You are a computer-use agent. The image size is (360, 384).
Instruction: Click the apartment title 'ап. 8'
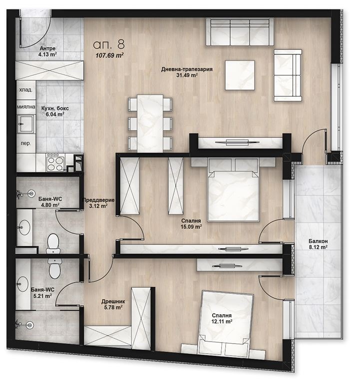(x=109, y=44)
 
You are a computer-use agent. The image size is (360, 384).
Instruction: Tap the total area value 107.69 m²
(x=109, y=55)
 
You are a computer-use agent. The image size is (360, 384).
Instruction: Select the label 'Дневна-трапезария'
(x=187, y=69)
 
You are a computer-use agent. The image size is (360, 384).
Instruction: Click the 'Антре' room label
(x=47, y=48)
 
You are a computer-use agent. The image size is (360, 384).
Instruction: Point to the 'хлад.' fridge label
(x=26, y=90)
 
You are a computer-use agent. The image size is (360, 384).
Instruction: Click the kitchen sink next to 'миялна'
(x=25, y=124)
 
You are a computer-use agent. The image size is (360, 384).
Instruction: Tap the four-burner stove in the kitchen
(x=55, y=162)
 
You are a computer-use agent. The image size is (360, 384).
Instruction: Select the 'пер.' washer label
(x=26, y=143)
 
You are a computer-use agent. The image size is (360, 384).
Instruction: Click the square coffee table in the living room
(x=240, y=75)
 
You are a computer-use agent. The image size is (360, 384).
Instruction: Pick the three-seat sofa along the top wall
(x=240, y=32)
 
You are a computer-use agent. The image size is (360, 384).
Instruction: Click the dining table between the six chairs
(x=150, y=124)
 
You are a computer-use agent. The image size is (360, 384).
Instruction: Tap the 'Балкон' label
(x=318, y=241)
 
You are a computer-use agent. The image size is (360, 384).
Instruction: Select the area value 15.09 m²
(x=191, y=227)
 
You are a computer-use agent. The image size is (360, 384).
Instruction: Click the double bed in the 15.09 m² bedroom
(x=234, y=190)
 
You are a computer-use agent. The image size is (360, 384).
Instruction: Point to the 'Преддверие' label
(x=98, y=200)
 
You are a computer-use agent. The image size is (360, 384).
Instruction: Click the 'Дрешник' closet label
(x=113, y=302)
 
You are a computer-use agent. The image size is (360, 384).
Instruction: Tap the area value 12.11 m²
(x=222, y=321)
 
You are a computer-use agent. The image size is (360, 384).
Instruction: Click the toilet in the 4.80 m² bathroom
(x=53, y=244)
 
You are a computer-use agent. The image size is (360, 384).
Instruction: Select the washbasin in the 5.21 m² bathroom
(x=23, y=284)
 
